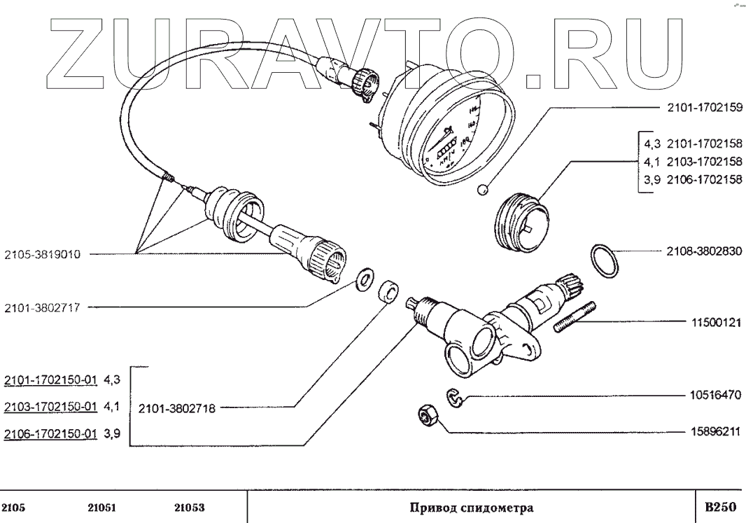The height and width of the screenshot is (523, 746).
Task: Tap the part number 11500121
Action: (x=712, y=323)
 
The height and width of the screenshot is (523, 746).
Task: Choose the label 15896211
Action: (x=712, y=432)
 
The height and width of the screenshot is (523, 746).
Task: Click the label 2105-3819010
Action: (x=42, y=255)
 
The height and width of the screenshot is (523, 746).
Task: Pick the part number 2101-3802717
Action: (x=42, y=307)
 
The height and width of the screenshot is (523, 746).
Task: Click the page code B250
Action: (x=720, y=506)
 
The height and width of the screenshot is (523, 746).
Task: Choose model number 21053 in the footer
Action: (x=189, y=507)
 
